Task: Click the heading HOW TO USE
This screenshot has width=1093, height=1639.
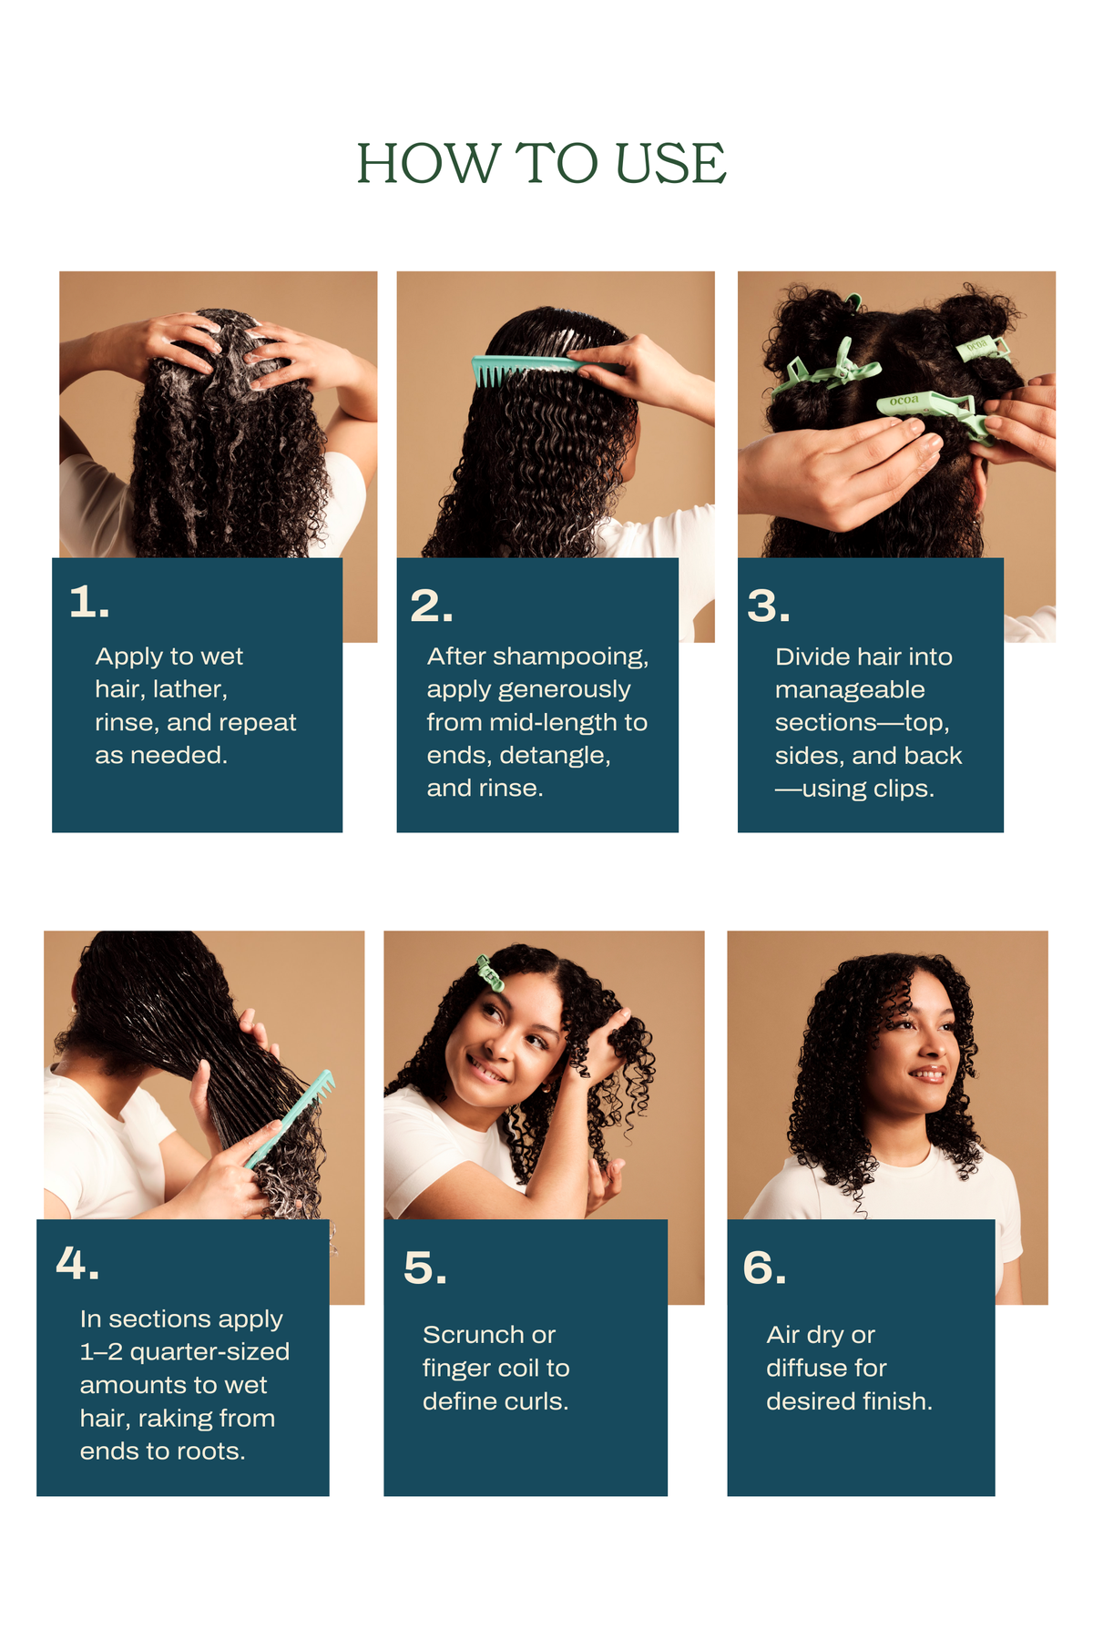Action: click(541, 164)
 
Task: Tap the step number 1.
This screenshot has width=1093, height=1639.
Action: click(89, 602)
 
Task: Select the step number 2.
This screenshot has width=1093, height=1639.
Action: click(431, 606)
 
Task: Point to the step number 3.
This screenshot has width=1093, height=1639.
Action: click(768, 606)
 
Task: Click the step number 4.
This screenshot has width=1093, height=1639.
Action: click(77, 1264)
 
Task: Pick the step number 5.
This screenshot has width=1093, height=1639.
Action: click(425, 1267)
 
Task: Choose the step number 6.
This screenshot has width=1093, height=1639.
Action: click(764, 1267)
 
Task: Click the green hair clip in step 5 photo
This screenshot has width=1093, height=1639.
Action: click(489, 973)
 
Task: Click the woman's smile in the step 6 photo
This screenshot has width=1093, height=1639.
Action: click(929, 1075)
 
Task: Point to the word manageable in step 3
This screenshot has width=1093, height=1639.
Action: click(850, 690)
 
